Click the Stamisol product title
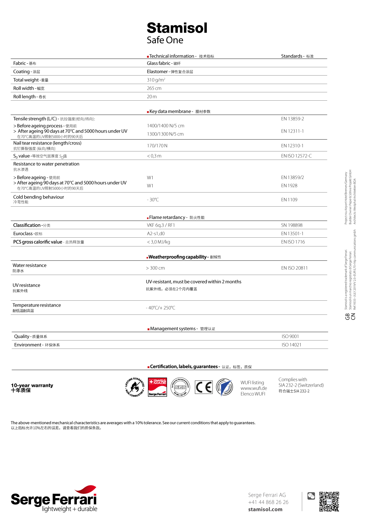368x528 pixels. (177, 28)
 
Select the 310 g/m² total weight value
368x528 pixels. (156, 80)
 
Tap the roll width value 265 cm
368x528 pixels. (154, 88)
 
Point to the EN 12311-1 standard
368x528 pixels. (292, 131)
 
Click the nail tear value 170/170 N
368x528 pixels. (157, 146)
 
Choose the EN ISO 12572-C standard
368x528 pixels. (296, 156)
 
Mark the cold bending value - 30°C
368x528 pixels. (153, 200)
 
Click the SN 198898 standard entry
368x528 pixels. (292, 225)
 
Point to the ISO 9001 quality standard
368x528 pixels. (290, 336)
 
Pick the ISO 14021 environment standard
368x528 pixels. (291, 345)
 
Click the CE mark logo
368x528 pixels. (204, 387)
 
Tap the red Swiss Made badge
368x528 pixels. (157, 387)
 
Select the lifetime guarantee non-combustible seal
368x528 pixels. (135, 387)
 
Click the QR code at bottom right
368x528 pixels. (329, 501)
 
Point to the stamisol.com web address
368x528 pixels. (265, 509)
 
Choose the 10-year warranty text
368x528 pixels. (32, 388)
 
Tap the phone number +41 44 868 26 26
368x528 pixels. (268, 502)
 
